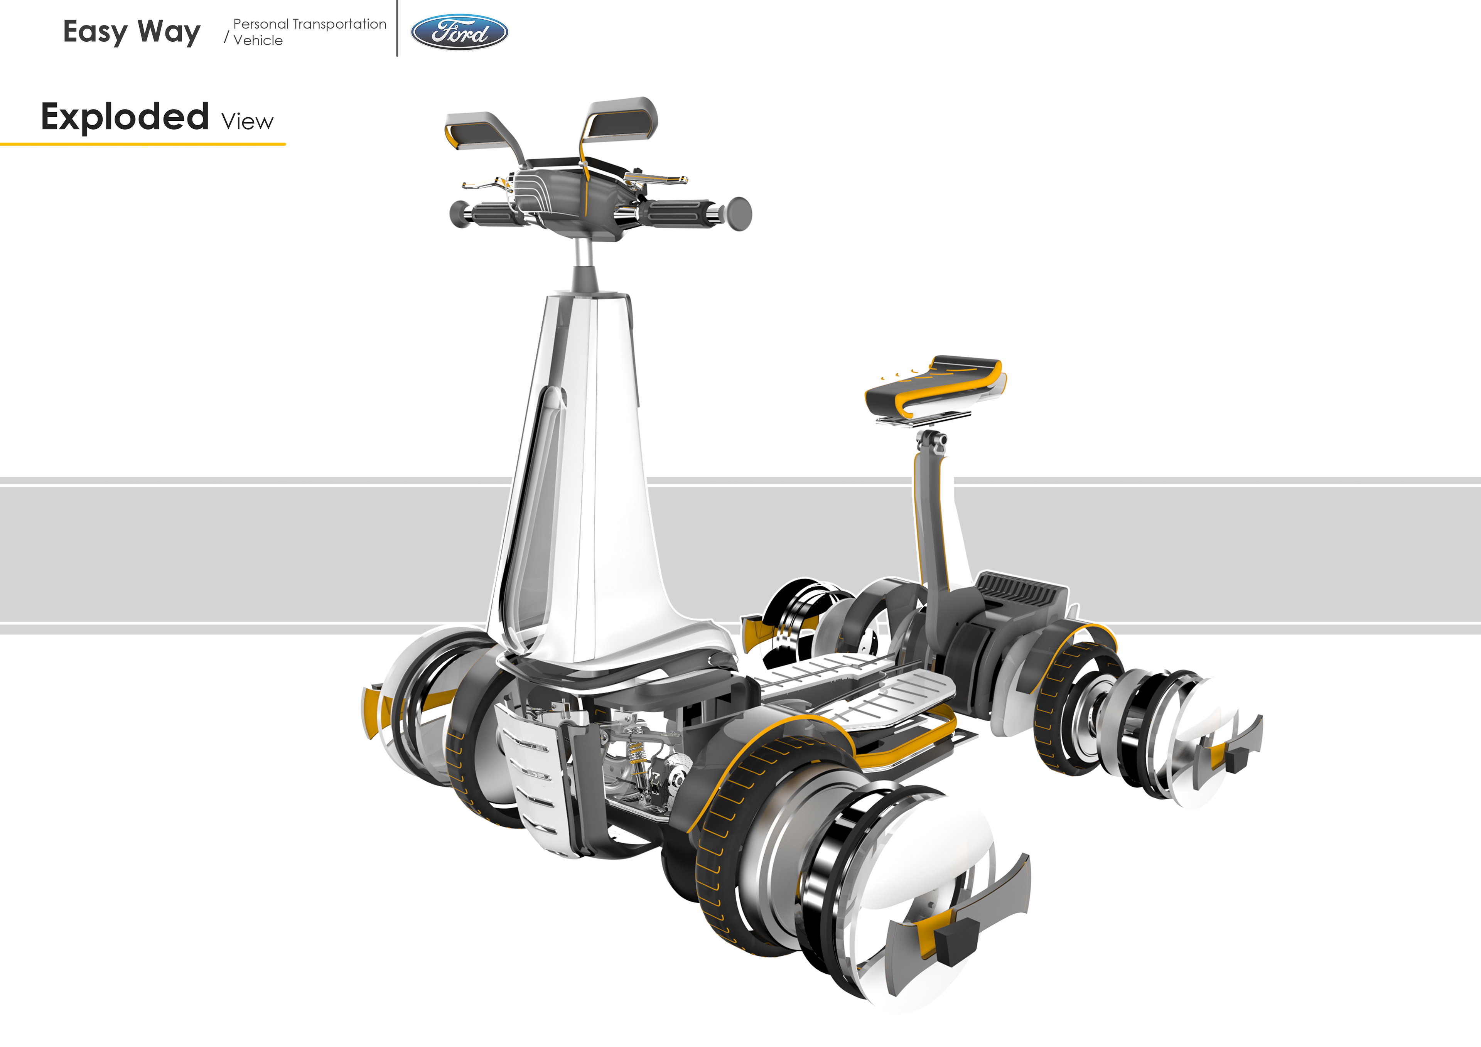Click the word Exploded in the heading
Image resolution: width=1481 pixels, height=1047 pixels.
click(125, 117)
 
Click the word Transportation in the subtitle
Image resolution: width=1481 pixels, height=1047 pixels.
click(339, 24)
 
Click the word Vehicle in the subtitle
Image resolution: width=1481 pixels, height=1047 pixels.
click(258, 40)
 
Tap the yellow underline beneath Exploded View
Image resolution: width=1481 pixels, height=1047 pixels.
click(142, 144)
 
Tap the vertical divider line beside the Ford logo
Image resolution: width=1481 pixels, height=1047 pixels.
click(397, 29)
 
